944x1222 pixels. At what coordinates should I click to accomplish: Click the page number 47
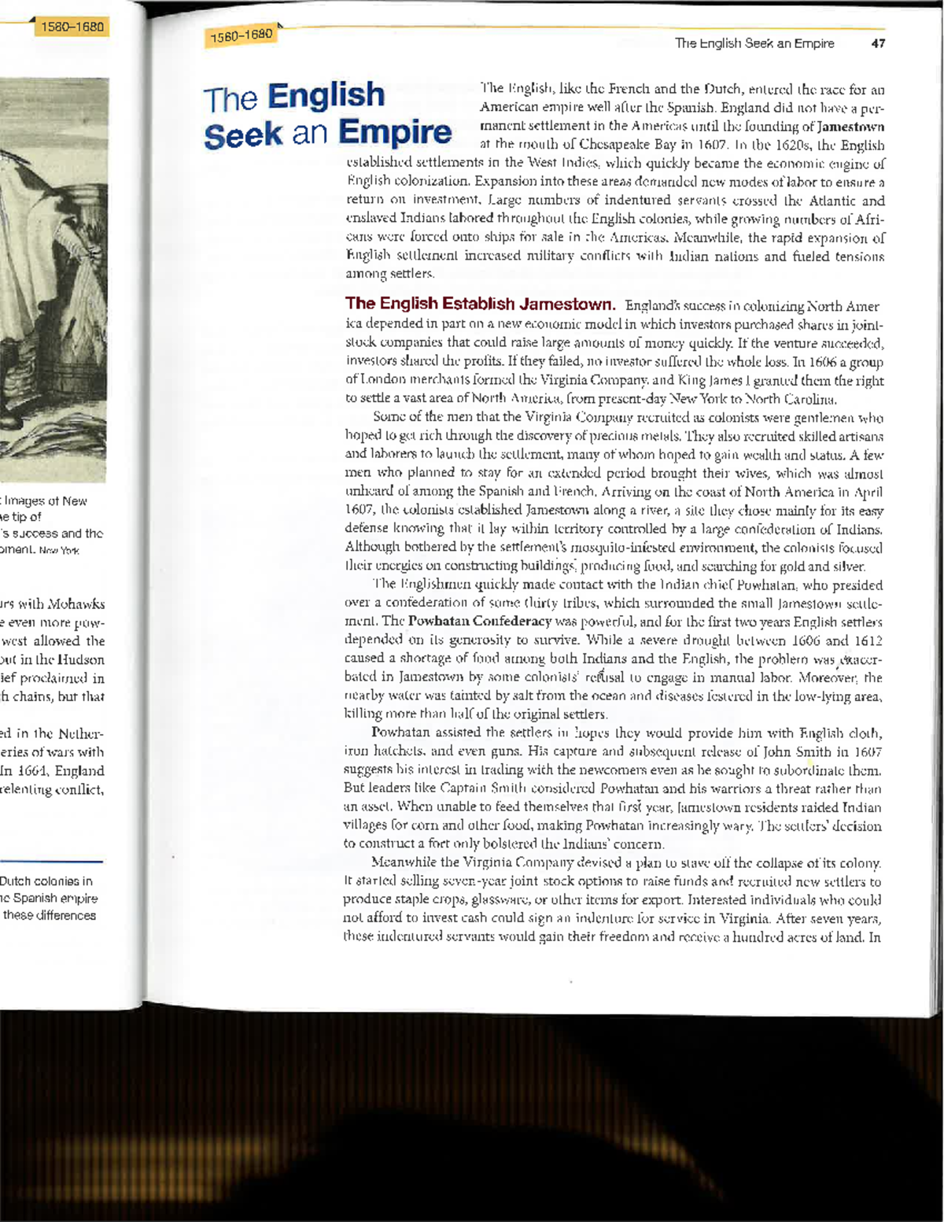878,43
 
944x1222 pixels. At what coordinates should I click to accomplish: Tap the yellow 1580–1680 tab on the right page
241,35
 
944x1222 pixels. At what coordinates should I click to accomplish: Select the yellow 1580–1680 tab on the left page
72,27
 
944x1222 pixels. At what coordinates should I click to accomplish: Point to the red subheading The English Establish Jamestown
479,304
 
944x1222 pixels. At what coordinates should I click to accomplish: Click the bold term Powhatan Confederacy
479,622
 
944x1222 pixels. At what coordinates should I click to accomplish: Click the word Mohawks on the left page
76,604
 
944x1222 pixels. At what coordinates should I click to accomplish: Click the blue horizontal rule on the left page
51,862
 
